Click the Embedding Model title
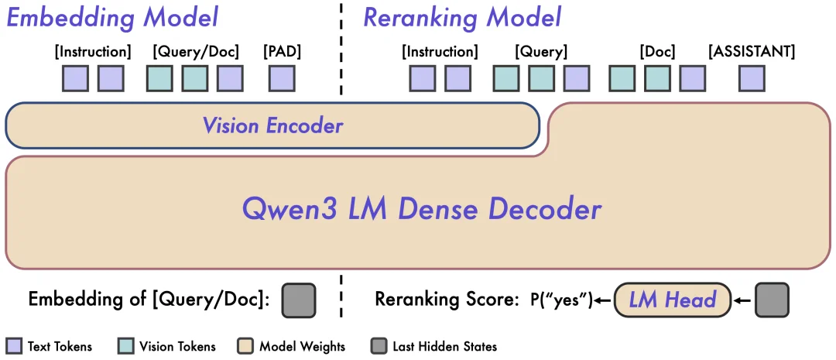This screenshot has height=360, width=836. pos(112,18)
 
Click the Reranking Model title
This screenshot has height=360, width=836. pos(462,18)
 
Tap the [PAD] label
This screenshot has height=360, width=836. pos(282,52)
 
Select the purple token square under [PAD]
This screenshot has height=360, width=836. pos(282,78)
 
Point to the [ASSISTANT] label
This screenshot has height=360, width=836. pos(752,52)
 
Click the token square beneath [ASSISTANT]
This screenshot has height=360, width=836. pos(752,78)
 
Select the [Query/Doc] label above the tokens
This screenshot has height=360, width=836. pos(196,52)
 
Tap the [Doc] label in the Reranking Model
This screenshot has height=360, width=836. pos(657,52)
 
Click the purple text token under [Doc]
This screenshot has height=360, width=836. pos(692,78)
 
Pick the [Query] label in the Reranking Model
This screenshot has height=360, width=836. pos(541,52)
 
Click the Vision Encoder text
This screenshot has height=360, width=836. pos(272,125)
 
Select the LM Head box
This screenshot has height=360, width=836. pos(671,300)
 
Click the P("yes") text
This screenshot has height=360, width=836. pos(560,300)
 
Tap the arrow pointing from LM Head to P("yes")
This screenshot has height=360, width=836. pos(602,300)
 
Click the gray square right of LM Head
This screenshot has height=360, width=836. pos(772,300)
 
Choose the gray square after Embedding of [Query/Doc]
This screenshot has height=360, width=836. pos(299,300)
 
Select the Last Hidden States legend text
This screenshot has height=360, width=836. pos(444,346)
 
